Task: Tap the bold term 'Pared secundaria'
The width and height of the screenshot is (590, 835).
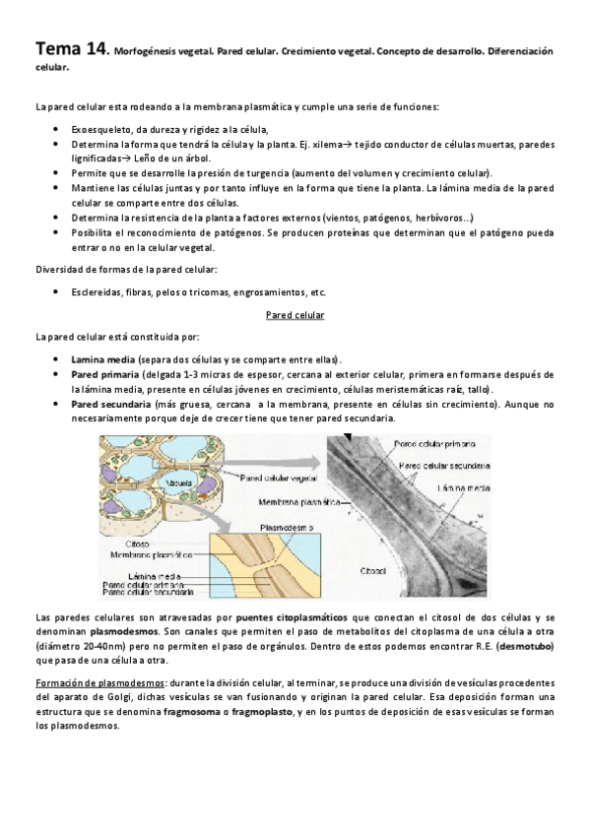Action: tap(111, 404)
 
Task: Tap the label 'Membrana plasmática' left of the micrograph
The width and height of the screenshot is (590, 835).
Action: tap(293, 500)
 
